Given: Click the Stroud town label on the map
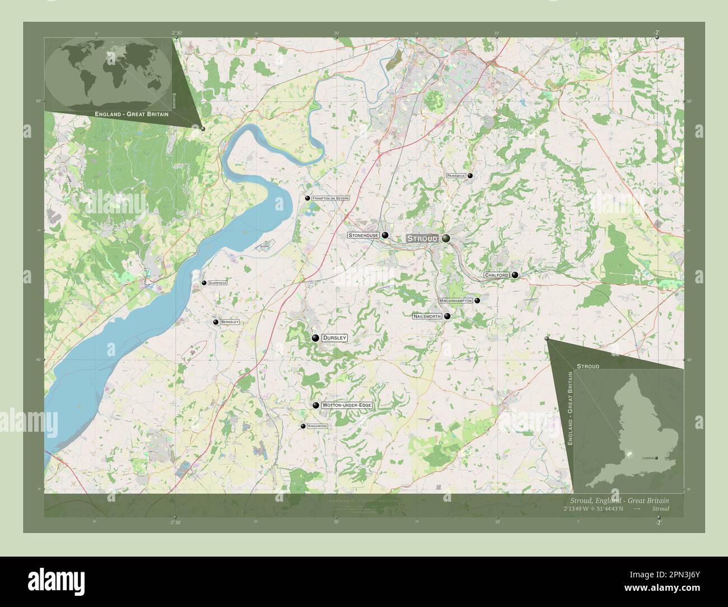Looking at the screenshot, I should tap(422, 239).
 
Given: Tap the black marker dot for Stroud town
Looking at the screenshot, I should tap(446, 239).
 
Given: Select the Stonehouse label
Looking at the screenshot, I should tap(363, 236).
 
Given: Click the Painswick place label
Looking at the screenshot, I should tap(456, 176).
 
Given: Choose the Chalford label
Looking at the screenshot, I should tap(496, 276).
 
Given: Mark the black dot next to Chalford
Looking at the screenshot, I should tap(515, 275).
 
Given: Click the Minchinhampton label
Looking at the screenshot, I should tap(456, 301).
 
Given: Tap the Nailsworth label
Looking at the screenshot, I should tap(427, 316).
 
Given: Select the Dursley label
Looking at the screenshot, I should tap(335, 338).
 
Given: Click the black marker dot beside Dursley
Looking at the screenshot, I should tap(316, 338).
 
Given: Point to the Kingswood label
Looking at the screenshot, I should tap(318, 427).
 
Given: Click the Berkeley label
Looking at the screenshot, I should tap(230, 323).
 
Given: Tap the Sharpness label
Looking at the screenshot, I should tap(217, 283).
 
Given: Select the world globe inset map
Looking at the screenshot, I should tap(108, 73).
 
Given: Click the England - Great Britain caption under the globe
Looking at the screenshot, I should tap(132, 114).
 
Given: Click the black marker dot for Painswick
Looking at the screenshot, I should tap(470, 176).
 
